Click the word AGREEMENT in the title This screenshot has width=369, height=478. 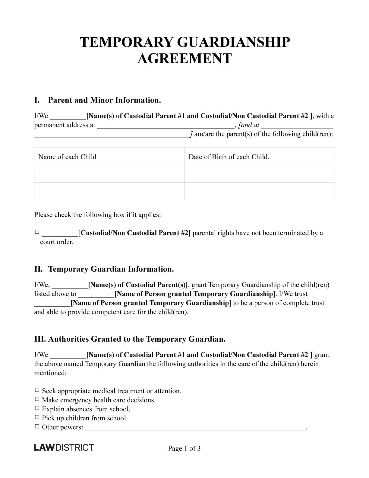point(184,59)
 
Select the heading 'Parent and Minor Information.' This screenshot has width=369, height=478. point(104,100)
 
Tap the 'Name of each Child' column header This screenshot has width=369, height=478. point(67,157)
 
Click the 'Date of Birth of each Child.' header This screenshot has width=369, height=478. point(229,157)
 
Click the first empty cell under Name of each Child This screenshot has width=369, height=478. point(109,174)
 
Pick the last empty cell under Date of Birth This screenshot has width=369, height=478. point(259,191)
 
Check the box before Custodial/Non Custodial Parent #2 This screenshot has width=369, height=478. point(37,232)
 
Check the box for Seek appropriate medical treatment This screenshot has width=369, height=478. point(37,390)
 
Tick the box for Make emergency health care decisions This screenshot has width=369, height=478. point(37,399)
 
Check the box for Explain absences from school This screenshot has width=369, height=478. point(37,408)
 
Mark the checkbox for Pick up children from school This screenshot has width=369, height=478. point(37,417)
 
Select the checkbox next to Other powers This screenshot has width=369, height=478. point(37,426)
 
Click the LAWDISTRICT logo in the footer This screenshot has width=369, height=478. point(64,448)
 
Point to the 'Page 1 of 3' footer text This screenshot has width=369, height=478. point(184,449)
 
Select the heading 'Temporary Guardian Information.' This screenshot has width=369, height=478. point(111,269)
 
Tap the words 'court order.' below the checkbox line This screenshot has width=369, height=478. point(57,242)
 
